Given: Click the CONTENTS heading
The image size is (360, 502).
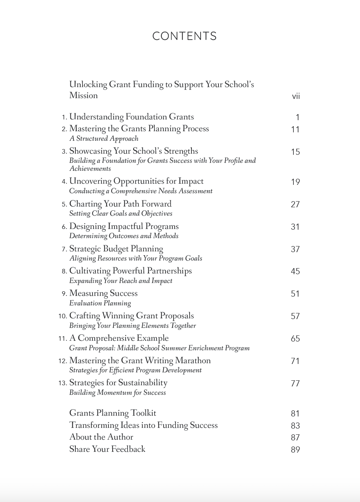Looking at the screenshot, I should tap(184, 36).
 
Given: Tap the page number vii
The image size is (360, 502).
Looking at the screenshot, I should tap(296, 96).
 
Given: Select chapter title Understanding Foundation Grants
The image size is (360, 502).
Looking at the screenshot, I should tap(131, 117).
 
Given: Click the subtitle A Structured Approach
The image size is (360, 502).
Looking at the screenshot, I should tap(104, 138).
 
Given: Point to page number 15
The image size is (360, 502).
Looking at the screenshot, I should tap(295, 152).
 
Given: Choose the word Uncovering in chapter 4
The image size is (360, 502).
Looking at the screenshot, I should tap(90, 181).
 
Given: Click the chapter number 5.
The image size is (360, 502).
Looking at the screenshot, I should tap(64, 204).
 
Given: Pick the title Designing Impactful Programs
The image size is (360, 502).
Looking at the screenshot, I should tap(124, 226).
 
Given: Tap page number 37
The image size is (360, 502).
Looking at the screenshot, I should tap(295, 249).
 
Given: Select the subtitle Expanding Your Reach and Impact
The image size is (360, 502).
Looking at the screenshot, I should tap(121, 281).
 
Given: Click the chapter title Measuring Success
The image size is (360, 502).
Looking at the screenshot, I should tap(103, 293).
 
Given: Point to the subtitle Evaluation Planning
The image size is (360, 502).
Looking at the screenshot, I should tap(100, 303).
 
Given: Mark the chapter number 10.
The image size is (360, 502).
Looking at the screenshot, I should tap(63, 316).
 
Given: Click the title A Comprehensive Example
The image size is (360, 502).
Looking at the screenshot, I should tap(119, 338).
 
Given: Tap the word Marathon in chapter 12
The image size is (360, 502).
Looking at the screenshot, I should tap(193, 360).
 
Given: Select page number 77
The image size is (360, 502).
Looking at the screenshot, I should tap(295, 383).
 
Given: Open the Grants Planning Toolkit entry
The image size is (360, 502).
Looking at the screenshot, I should tap(113, 413).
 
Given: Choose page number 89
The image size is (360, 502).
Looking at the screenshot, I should tap(295, 450).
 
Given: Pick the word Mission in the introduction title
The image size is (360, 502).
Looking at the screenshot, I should tap(83, 95).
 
